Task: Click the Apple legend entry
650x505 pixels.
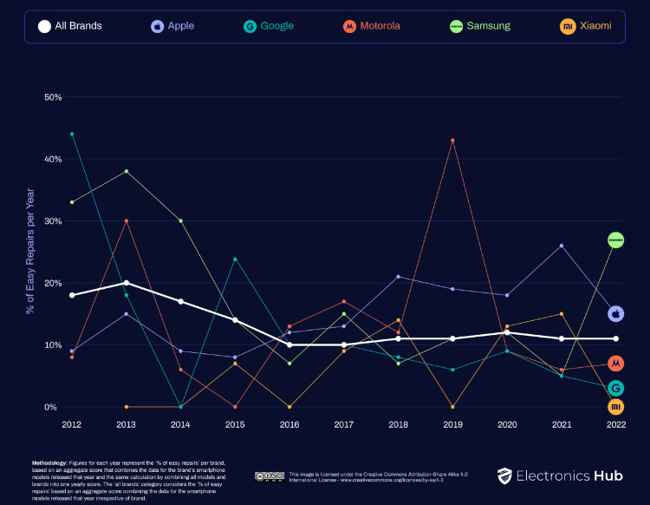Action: (x=172, y=26)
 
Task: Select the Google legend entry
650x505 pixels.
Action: (x=268, y=26)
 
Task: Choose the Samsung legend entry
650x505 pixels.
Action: (x=479, y=26)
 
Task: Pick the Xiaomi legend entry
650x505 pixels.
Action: (x=585, y=26)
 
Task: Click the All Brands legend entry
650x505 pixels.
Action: (x=70, y=26)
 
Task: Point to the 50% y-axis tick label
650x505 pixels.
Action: (x=53, y=97)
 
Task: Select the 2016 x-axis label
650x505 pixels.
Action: (x=289, y=425)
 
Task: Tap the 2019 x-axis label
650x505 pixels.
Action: (x=452, y=425)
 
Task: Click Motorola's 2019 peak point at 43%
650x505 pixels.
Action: (x=452, y=141)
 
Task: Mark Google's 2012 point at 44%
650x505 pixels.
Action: (x=72, y=134)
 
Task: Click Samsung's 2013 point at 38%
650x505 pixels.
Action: (x=127, y=171)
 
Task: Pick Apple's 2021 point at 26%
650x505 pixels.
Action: (x=562, y=246)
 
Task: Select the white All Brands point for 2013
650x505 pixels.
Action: (x=127, y=283)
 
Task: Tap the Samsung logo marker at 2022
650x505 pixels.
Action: (x=616, y=239)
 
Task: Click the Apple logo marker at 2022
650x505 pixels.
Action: (x=616, y=313)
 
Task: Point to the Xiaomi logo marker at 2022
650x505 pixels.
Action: (x=616, y=406)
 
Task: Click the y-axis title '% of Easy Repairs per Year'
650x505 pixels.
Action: (x=30, y=251)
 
